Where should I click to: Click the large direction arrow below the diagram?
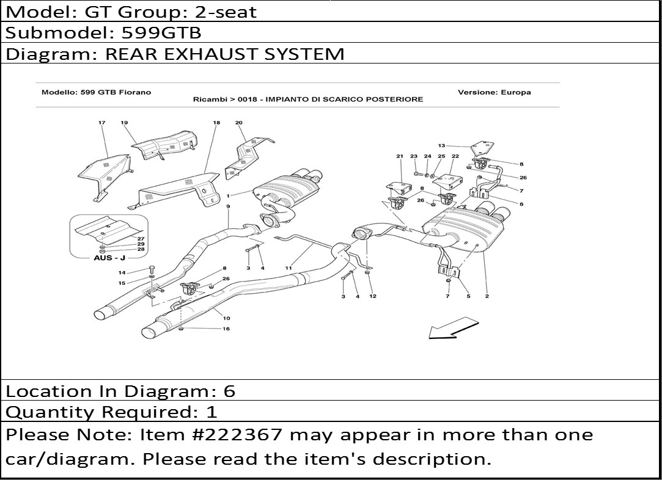(454, 328)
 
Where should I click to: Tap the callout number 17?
(101, 123)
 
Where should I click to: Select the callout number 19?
(124, 123)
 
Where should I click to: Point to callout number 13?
(441, 145)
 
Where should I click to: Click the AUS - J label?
(109, 257)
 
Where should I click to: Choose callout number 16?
(226, 329)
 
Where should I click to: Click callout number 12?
(372, 296)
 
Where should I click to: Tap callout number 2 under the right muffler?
(487, 296)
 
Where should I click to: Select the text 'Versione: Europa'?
(495, 92)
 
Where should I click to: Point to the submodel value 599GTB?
(162, 32)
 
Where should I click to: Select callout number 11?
(289, 268)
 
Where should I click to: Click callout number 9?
(228, 206)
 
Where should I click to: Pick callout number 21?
(399, 156)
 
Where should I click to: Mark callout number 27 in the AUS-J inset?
(141, 239)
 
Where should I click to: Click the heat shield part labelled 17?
(105, 176)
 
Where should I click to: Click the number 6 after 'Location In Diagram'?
(229, 391)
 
